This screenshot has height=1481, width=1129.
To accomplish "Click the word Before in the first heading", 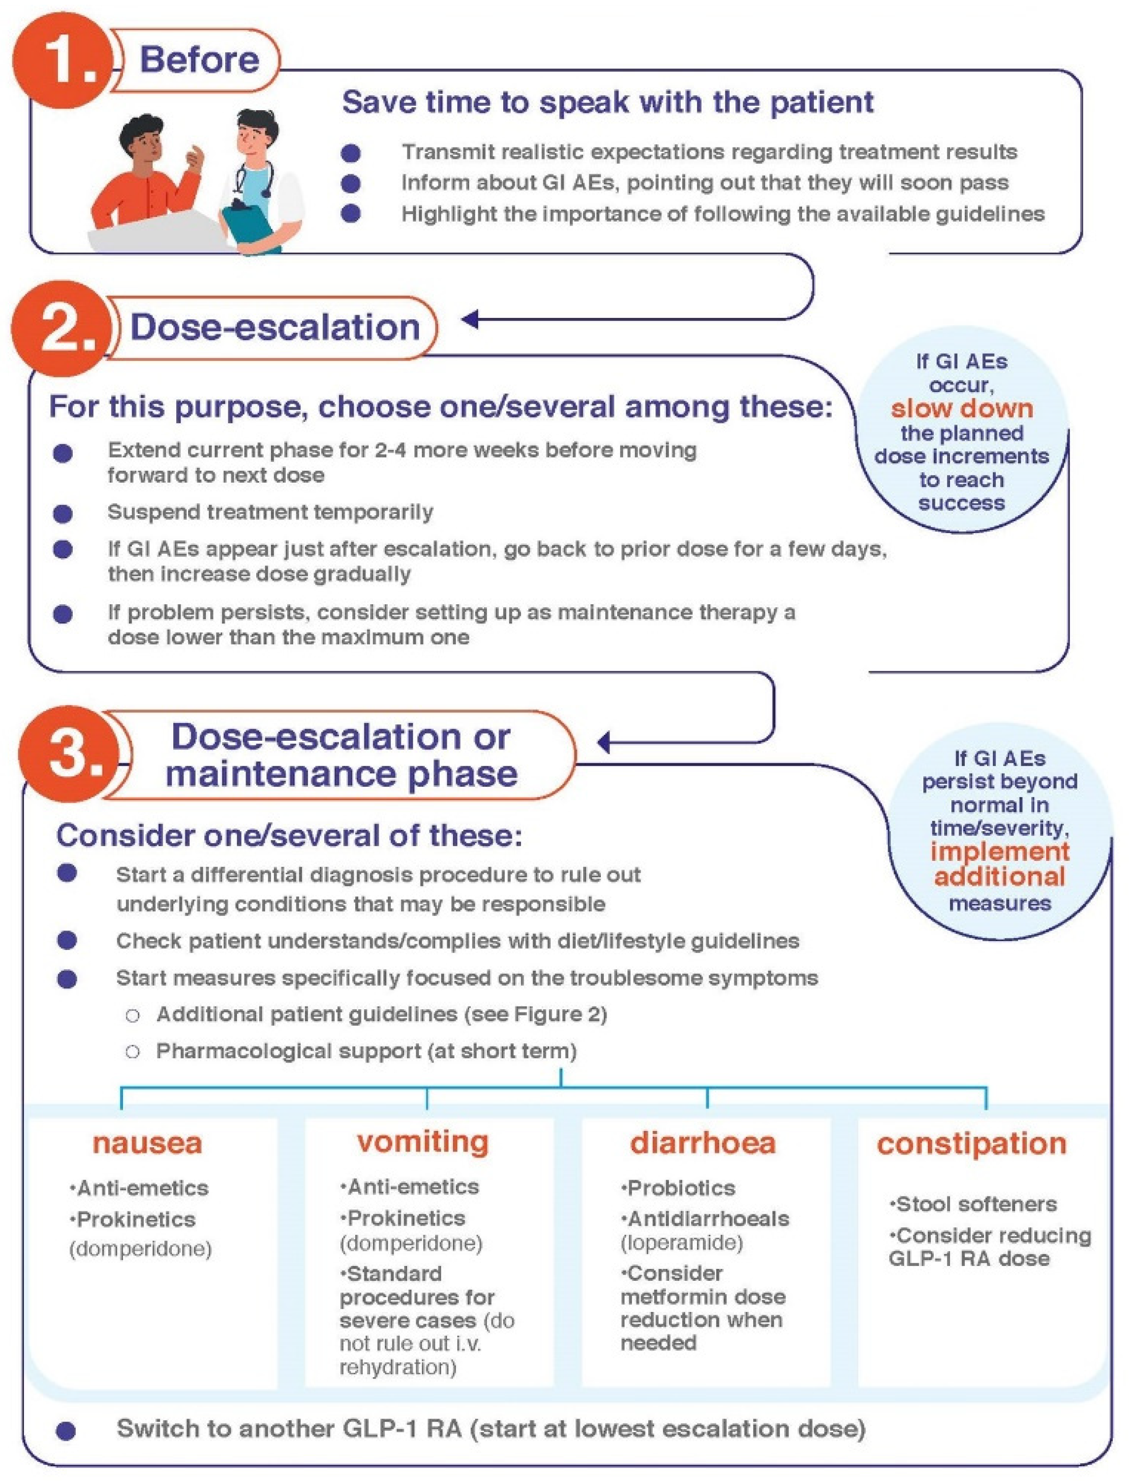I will pyautogui.click(x=199, y=60).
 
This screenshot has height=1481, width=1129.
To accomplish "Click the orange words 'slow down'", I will pyautogui.click(x=962, y=408).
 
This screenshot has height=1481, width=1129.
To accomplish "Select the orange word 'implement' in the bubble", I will pyautogui.click(x=999, y=851).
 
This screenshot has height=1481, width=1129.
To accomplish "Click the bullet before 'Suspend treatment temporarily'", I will pyautogui.click(x=63, y=514).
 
